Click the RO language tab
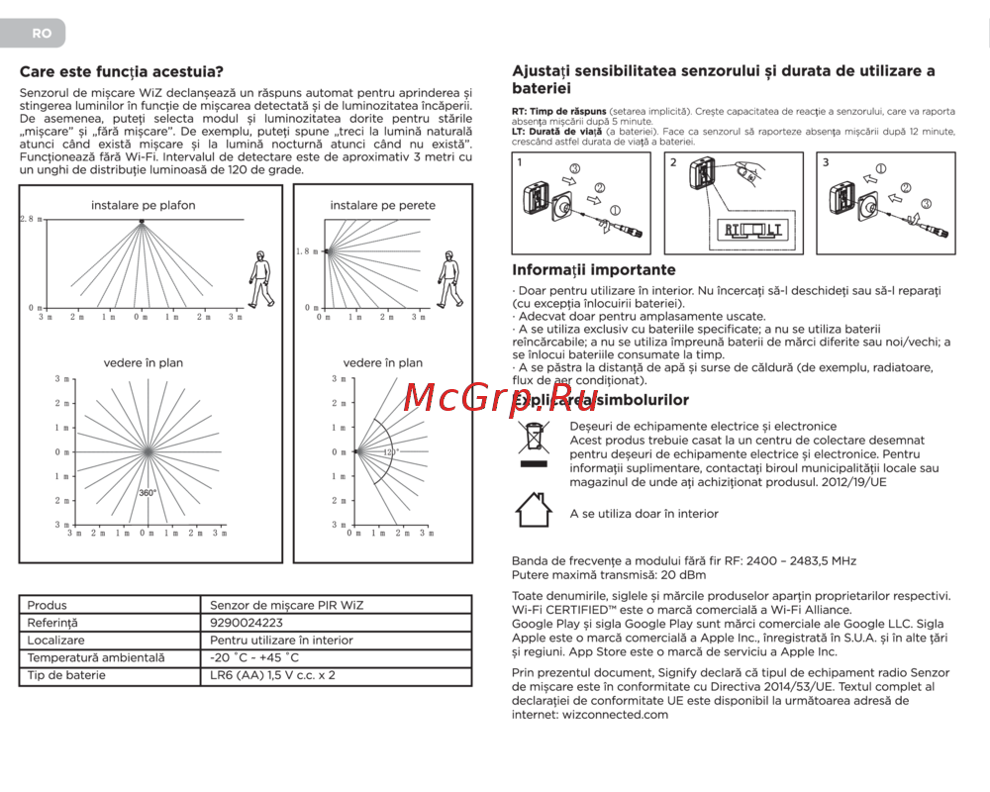(x=41, y=33)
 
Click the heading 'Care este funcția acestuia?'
(x=121, y=71)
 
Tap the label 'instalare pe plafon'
(x=144, y=205)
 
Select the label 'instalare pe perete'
(x=383, y=205)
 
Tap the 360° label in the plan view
(x=148, y=492)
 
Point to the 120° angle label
(x=391, y=451)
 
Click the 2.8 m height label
(x=32, y=219)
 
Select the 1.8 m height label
(x=308, y=251)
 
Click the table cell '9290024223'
(x=247, y=623)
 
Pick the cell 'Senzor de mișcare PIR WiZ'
(x=280, y=605)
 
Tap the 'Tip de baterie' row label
(x=66, y=675)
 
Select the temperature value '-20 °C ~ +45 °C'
(x=255, y=657)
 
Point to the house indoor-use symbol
(x=534, y=510)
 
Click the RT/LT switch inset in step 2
(x=753, y=231)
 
